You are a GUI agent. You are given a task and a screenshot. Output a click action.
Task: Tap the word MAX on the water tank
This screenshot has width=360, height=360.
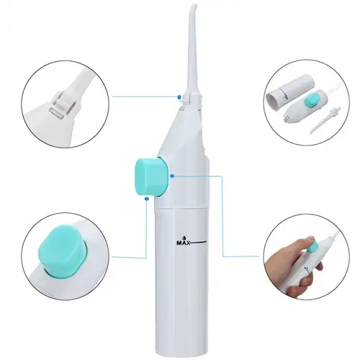[x=184, y=243]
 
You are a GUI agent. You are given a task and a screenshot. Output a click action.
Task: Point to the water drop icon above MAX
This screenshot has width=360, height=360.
[x=184, y=238]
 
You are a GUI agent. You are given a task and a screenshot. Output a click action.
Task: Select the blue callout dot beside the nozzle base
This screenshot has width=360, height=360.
[x=179, y=97]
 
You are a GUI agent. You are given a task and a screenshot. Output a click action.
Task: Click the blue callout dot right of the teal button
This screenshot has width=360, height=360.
[x=172, y=176]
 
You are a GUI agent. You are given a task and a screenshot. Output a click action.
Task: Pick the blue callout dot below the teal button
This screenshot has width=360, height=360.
[x=147, y=199]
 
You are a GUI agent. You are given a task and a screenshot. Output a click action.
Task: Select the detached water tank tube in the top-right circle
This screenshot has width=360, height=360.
[x=289, y=93]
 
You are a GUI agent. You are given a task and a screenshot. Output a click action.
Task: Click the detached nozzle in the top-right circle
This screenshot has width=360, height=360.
[x=322, y=121]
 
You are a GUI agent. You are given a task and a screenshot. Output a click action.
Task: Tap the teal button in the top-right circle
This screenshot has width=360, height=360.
[x=312, y=101]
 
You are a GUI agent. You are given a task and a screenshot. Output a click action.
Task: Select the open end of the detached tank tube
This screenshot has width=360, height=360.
[x=274, y=102]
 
